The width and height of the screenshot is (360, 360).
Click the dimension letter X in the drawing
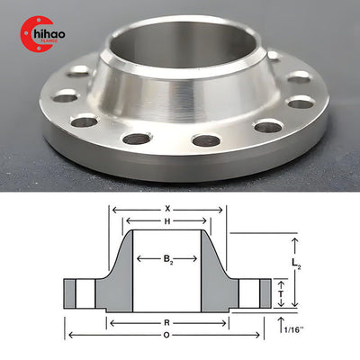point(167,208)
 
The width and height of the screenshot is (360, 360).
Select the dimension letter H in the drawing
point(167,221)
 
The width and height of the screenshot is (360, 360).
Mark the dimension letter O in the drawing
point(167,335)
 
